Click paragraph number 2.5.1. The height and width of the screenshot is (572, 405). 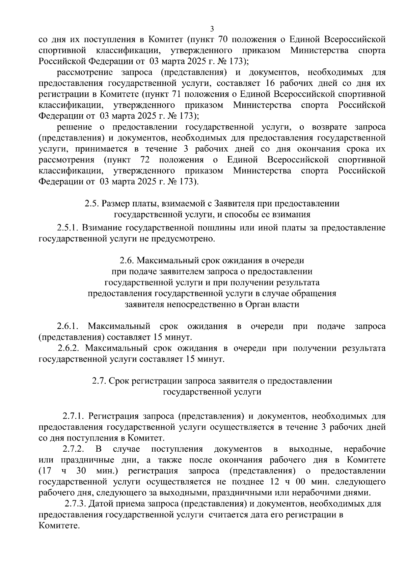tap(67, 228)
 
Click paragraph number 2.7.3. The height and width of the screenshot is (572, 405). tap(76, 504)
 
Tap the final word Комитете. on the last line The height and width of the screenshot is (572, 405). tap(59, 525)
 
